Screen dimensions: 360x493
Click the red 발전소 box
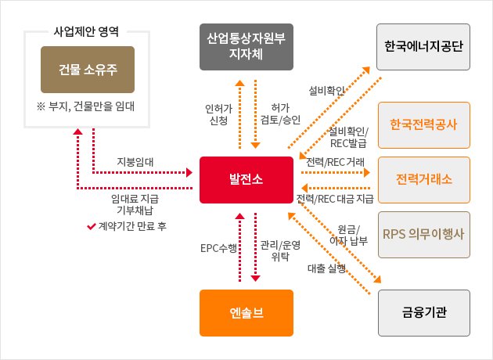tap(246, 179)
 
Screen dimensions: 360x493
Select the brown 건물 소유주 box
tap(88, 70)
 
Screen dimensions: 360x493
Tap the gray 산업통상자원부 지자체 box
tap(246, 46)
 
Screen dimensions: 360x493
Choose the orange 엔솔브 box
tap(246, 313)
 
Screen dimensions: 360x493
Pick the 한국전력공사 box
tap(423, 125)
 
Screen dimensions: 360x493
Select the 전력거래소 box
tap(423, 179)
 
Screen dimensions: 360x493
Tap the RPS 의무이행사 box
tap(423, 234)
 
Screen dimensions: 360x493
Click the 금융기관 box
tap(423, 313)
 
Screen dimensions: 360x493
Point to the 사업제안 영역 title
tap(87, 32)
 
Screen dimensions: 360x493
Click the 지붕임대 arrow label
tap(135, 162)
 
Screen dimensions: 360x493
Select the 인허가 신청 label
tap(216, 113)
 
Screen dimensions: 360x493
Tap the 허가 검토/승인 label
tap(279, 113)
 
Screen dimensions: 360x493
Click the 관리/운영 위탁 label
tap(279, 250)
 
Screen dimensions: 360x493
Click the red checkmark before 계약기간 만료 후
tap(91, 226)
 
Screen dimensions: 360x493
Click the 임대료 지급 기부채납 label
tap(135, 203)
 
